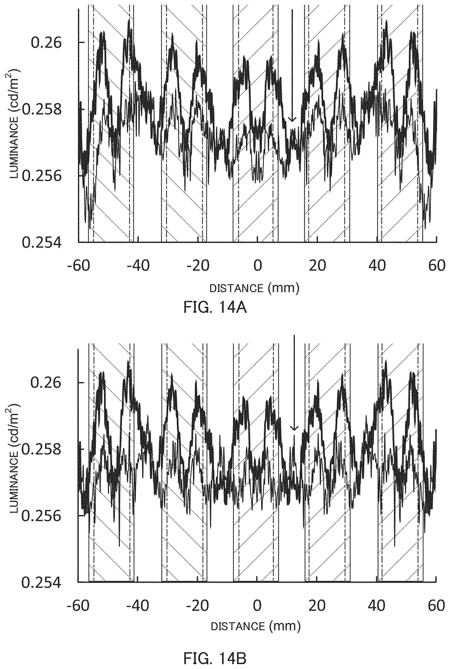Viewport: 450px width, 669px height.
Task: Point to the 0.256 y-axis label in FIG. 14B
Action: click(x=42, y=516)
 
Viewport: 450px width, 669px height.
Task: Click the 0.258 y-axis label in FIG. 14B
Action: click(x=42, y=449)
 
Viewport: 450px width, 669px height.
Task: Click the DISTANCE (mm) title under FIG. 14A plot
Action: click(x=254, y=288)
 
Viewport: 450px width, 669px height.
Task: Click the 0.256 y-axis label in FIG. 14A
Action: click(x=42, y=176)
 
